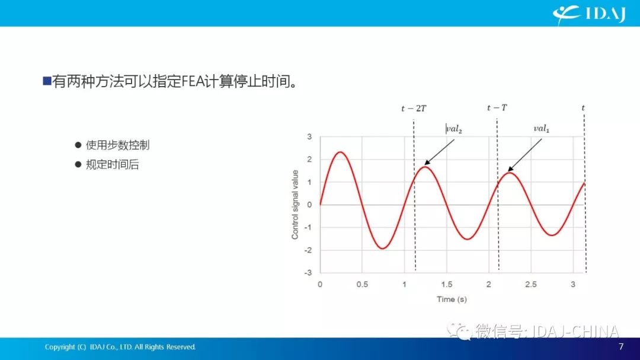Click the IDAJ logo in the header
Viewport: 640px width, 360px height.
(589, 14)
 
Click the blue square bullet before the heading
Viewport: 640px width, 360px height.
(47, 81)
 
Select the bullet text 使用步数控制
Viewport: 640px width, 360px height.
(117, 145)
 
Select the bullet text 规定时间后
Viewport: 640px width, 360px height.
(112, 165)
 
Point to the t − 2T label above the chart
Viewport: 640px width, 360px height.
(414, 109)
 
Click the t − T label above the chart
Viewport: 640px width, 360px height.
(497, 107)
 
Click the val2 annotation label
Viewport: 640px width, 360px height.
(455, 129)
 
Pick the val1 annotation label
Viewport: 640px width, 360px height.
(542, 129)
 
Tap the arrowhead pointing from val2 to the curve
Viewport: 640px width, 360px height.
(427, 163)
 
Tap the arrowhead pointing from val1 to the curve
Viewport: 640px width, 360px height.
(510, 169)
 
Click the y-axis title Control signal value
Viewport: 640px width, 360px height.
(295, 204)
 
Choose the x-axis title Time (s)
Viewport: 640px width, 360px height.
(452, 299)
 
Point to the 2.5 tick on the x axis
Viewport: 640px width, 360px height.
(530, 285)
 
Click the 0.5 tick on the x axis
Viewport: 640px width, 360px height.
(362, 285)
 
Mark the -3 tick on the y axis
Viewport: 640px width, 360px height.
(308, 273)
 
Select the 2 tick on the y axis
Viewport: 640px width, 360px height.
(309, 160)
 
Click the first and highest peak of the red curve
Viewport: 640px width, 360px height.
(340, 152)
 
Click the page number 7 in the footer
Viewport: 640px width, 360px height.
(621, 346)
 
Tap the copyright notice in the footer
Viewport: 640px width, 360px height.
(120, 347)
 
